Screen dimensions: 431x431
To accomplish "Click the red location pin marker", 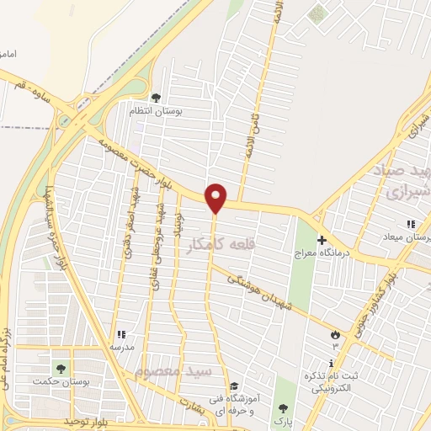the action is tap(216, 197).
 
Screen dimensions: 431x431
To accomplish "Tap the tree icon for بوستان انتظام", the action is tap(154, 98).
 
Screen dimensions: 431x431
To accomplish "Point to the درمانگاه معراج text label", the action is tap(321, 253).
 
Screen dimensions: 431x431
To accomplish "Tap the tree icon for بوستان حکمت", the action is tap(60, 369).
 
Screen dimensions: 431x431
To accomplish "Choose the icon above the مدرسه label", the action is tap(120, 333).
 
